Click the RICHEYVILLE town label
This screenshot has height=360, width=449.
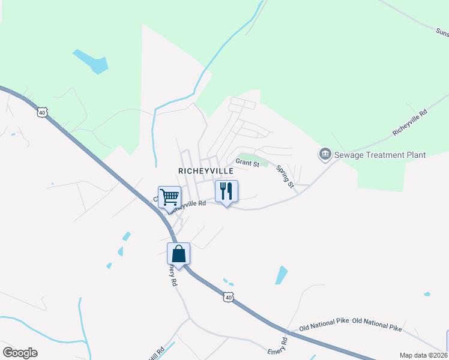click(205, 171)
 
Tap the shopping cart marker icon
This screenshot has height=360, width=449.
click(170, 196)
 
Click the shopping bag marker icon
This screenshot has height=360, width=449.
click(178, 254)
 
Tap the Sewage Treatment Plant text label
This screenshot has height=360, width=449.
click(381, 155)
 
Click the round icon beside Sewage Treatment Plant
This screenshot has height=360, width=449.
click(325, 155)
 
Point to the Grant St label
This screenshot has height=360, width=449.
click(247, 163)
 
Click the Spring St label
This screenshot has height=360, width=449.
click(285, 177)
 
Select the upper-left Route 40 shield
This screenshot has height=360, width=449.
click(41, 112)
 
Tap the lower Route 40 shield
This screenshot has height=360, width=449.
click(228, 297)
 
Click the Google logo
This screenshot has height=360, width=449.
click(20, 353)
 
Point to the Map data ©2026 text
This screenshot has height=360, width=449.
click(423, 355)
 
